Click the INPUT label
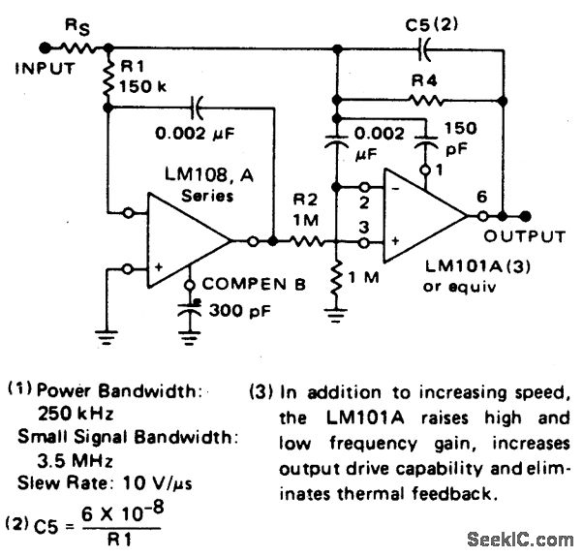click(43, 68)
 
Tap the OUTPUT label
click(526, 236)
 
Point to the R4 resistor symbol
click(424, 99)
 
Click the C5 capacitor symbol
click(424, 46)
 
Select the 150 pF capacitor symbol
click(424, 144)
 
